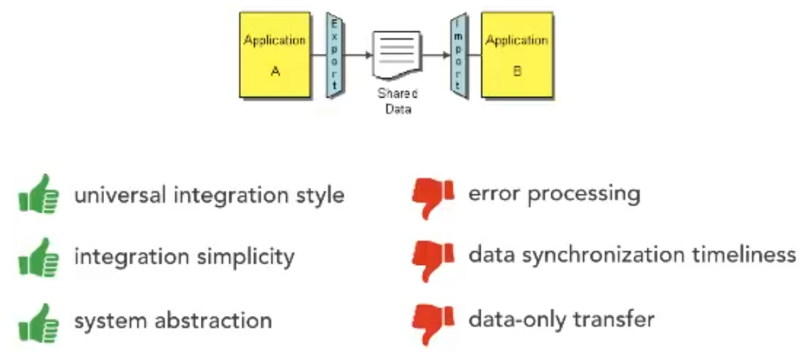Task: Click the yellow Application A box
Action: (275, 56)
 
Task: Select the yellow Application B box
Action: (517, 56)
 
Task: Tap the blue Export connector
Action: (335, 56)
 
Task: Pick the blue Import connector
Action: (458, 56)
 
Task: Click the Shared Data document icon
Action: (396, 55)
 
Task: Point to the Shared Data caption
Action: (397, 102)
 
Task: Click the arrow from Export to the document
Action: (359, 55)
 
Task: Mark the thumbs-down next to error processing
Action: (433, 195)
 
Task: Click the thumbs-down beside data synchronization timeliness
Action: (433, 257)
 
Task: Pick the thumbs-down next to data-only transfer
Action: (433, 321)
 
